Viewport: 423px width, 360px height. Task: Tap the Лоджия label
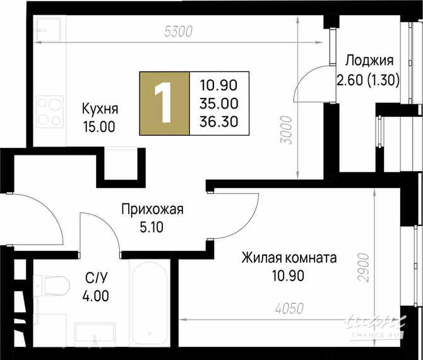(369, 61)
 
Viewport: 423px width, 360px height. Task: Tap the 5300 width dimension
(177, 30)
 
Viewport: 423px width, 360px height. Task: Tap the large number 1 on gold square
(164, 104)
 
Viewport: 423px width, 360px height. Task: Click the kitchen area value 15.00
(99, 126)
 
